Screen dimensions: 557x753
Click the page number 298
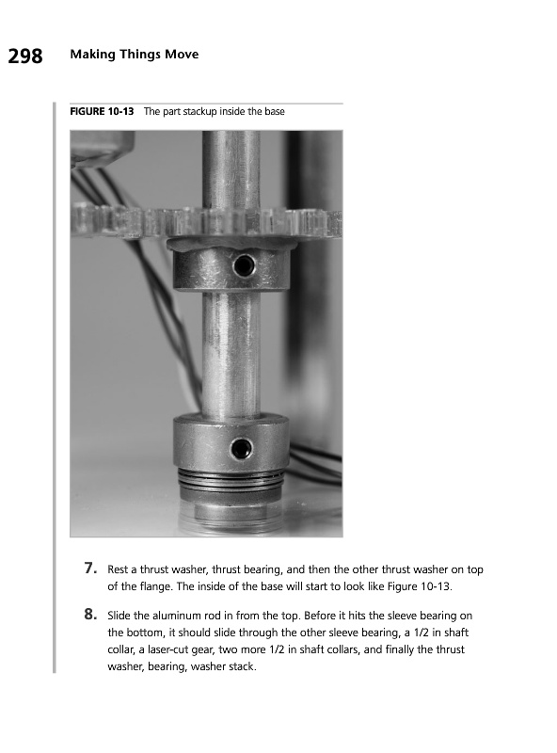click(25, 56)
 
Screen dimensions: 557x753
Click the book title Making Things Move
click(135, 55)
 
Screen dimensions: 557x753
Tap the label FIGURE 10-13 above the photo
click(102, 111)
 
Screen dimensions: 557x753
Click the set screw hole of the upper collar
click(244, 265)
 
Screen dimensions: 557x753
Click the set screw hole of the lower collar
click(241, 449)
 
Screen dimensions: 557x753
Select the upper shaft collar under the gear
click(231, 268)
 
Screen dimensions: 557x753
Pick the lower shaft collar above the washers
click(231, 441)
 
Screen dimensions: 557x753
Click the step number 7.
click(90, 569)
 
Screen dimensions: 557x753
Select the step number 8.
click(90, 615)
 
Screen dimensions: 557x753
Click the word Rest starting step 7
click(118, 569)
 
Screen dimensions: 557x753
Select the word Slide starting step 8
click(119, 616)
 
